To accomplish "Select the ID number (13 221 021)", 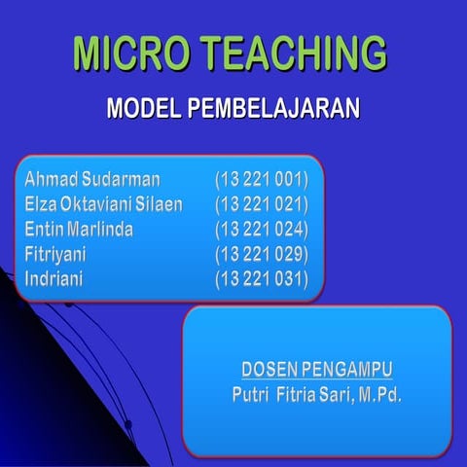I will pyautogui.click(x=261, y=204).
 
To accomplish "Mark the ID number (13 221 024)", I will pyautogui.click(x=261, y=230).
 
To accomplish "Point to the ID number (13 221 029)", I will pyautogui.click(x=261, y=255).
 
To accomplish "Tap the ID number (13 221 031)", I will pyautogui.click(x=261, y=280).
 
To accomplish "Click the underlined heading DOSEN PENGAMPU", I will pyautogui.click(x=316, y=370).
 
